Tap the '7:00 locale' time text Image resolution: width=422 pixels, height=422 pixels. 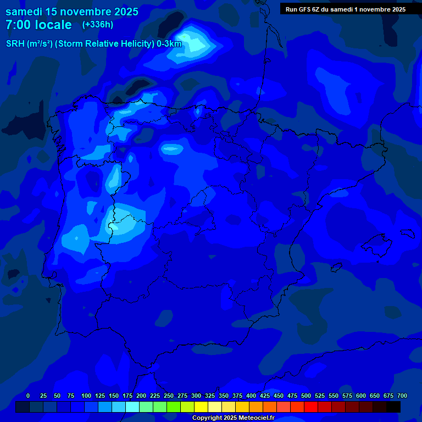click(x=38, y=25)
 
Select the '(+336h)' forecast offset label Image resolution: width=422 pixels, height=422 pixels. click(x=97, y=25)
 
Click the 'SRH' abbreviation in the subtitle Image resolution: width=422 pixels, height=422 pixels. click(x=15, y=44)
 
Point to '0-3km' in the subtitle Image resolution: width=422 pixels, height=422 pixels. click(x=169, y=44)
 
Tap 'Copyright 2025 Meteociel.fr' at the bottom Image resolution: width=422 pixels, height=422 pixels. click(x=233, y=418)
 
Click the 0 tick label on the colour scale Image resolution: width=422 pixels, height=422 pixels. click(x=28, y=396)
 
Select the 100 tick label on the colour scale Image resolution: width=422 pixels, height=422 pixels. click(x=86, y=396)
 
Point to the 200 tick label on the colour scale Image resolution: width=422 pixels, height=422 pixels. click(x=141, y=396)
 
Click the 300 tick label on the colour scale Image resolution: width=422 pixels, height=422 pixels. click(x=196, y=396)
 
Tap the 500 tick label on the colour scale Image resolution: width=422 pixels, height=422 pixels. click(x=306, y=396)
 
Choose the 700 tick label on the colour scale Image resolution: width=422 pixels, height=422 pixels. click(x=402, y=396)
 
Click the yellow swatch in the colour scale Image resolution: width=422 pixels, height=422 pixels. click(x=201, y=407)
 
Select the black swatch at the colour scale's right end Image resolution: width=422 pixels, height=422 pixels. click(x=393, y=407)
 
